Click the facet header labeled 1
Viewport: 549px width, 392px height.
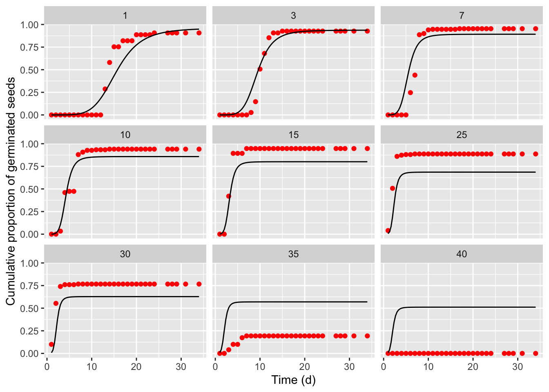(125, 16)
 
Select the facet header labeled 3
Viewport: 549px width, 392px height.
(293, 16)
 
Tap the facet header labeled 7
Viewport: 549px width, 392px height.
(462, 16)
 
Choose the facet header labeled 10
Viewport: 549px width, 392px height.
(125, 135)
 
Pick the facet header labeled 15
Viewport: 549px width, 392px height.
(293, 135)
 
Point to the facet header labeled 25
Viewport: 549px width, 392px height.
(462, 135)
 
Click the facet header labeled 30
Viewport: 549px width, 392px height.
(125, 254)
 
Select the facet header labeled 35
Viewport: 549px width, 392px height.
(293, 254)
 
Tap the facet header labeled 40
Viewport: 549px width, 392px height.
(462, 254)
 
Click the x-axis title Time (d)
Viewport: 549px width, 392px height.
(293, 380)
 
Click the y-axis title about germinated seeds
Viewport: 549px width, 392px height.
(11, 191)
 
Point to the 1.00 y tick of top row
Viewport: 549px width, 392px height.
(29, 25)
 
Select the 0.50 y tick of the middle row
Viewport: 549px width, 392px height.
(29, 189)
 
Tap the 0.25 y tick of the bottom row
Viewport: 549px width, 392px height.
(29, 331)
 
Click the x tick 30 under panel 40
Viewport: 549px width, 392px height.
(518, 367)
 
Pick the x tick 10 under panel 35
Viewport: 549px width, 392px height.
(260, 367)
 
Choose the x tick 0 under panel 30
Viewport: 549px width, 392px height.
(47, 367)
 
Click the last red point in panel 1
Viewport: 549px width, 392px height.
(199, 33)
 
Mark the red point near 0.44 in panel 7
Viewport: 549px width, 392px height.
(415, 75)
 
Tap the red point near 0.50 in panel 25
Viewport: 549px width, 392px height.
(393, 188)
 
